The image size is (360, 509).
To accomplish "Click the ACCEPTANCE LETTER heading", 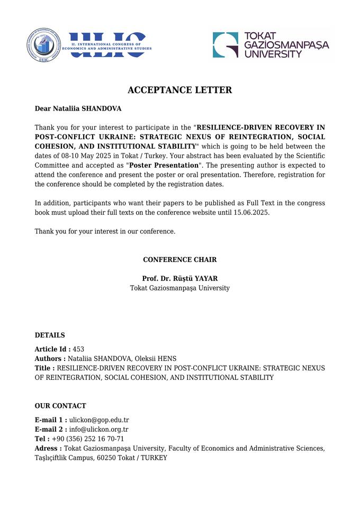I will click(x=179, y=90).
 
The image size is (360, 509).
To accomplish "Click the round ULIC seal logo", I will click(x=44, y=45).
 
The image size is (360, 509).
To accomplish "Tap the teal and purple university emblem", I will click(x=225, y=45).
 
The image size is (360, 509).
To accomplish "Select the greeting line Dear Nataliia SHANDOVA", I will click(x=78, y=108).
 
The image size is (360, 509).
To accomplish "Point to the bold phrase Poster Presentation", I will click(x=164, y=165).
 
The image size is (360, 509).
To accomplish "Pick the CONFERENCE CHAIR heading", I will click(x=179, y=260).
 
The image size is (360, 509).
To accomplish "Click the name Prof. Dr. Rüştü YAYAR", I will click(x=179, y=278).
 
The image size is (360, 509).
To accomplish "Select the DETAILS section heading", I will click(x=50, y=335).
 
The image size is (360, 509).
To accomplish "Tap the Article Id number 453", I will click(x=78, y=349).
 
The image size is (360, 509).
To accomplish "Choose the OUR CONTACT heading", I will click(x=60, y=406).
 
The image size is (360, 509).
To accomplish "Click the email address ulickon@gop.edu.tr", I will click(x=99, y=420).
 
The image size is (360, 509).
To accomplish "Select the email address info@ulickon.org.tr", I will click(x=99, y=430).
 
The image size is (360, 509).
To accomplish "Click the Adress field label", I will click(x=48, y=449).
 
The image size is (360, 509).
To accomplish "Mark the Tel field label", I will click(x=42, y=439).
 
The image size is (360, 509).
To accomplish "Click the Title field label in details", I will click(x=44, y=368).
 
